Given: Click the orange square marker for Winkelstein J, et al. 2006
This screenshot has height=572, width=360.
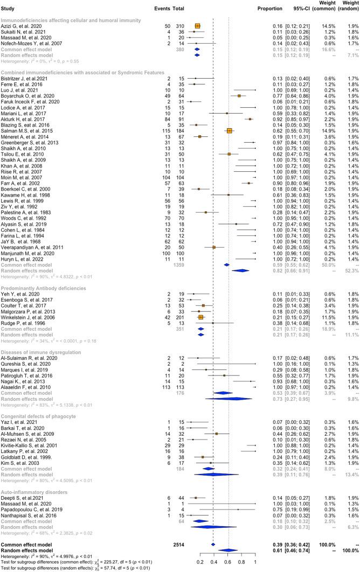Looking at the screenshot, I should coord(200,363).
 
